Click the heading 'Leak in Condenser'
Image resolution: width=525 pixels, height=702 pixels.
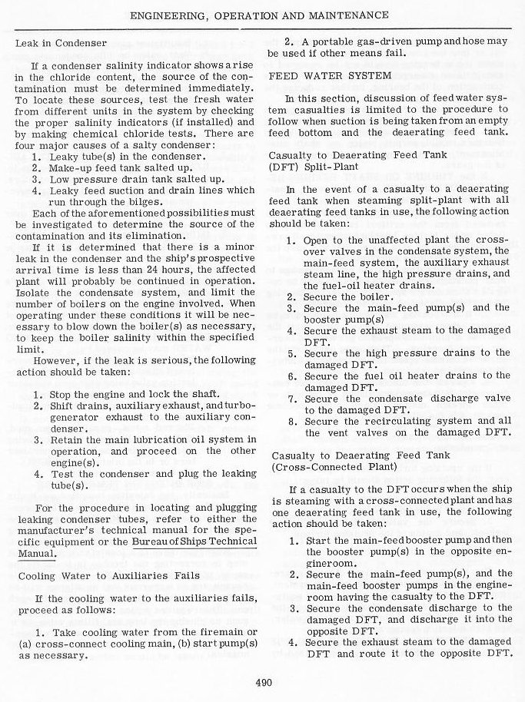click(x=61, y=43)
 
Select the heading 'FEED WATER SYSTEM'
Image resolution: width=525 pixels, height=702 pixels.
click(x=330, y=75)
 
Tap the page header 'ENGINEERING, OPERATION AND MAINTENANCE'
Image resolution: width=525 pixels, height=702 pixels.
click(x=263, y=15)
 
